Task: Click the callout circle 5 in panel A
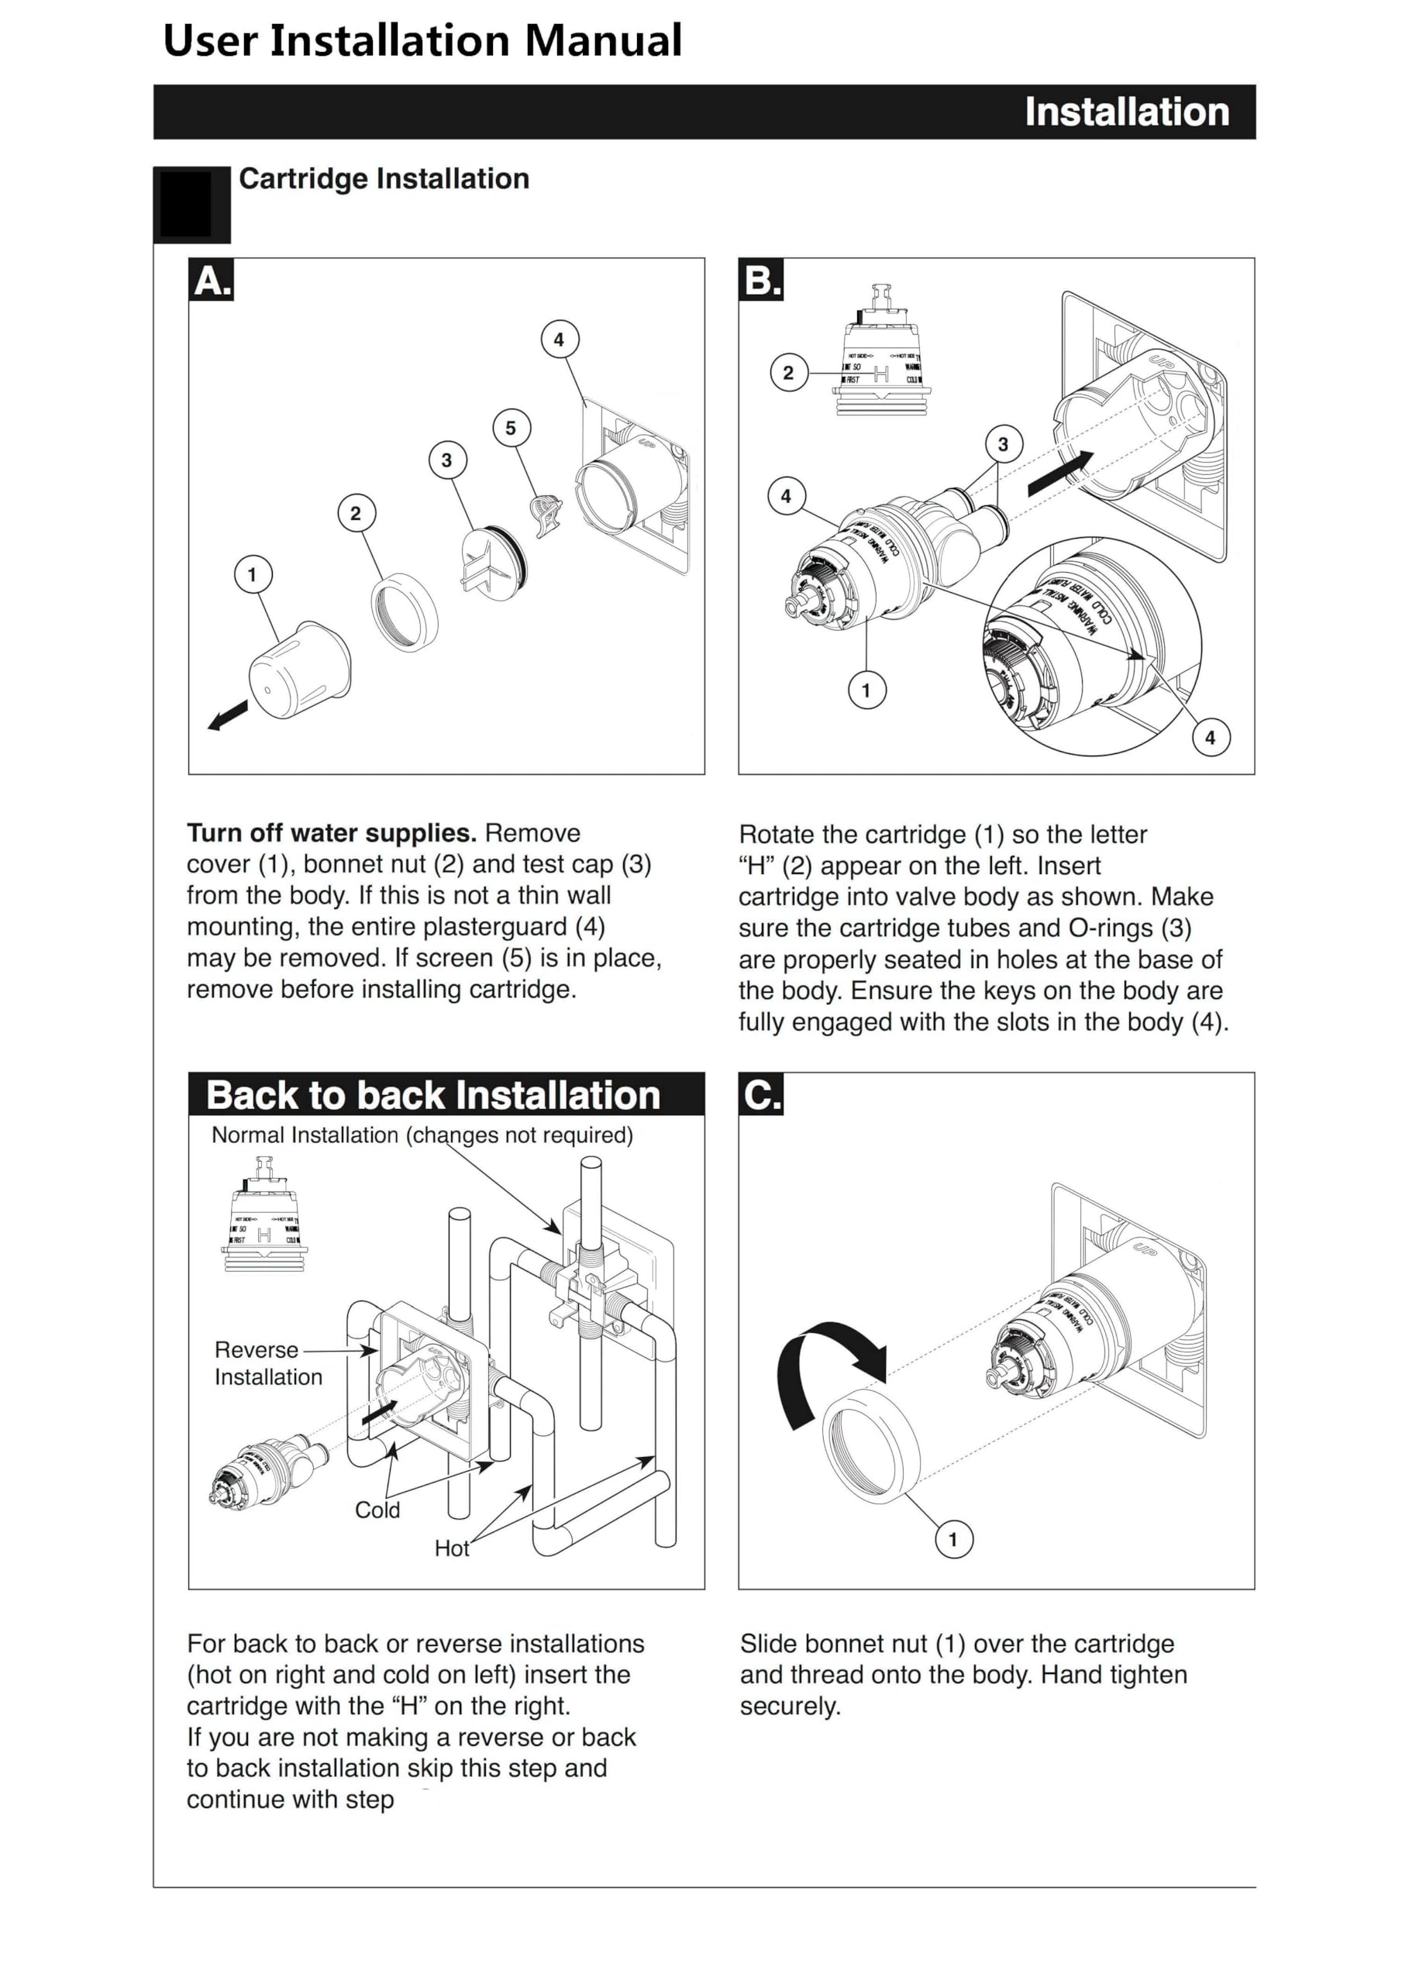tap(511, 428)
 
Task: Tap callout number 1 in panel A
tap(253, 574)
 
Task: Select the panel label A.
tap(212, 281)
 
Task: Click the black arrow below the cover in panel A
tap(228, 715)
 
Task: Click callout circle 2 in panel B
tap(788, 374)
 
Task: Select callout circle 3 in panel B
tap(1003, 444)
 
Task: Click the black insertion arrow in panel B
tap(1059, 474)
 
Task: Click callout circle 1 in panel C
tap(953, 1539)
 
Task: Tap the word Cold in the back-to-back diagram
tap(377, 1510)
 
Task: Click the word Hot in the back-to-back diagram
tap(451, 1548)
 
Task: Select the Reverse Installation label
tap(268, 1362)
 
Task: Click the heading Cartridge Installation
tap(384, 179)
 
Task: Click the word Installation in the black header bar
tap(1126, 112)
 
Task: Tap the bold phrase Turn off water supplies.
tap(332, 833)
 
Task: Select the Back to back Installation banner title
tap(433, 1095)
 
